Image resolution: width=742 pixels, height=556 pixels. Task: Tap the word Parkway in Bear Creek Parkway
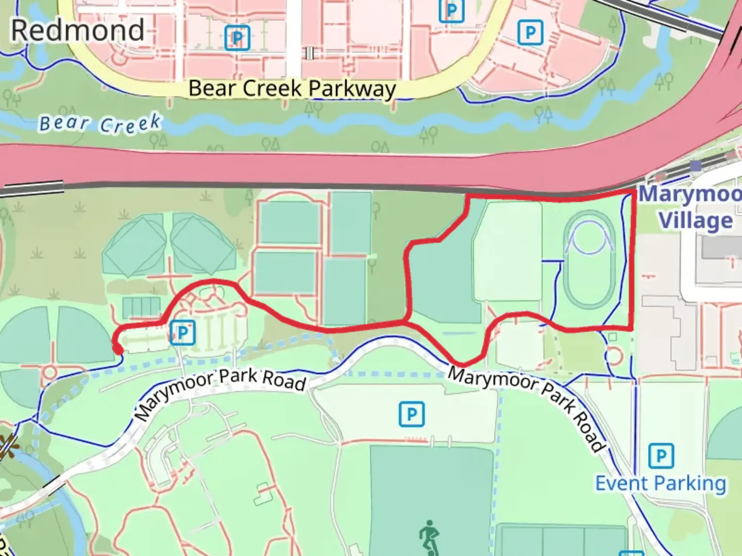(x=352, y=89)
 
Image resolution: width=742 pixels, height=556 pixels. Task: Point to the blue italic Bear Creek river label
(x=100, y=124)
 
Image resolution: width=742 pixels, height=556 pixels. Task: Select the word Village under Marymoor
(x=696, y=221)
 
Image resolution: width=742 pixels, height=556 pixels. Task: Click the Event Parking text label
(x=661, y=483)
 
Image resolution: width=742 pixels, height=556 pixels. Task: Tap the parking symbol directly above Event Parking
(x=661, y=456)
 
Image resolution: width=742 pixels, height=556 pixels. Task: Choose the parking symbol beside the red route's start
(x=182, y=333)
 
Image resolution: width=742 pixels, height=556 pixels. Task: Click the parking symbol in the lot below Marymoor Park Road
(x=412, y=414)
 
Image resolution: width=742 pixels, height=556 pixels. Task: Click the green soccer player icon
(x=429, y=537)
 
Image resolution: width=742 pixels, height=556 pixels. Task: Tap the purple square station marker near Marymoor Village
(x=696, y=166)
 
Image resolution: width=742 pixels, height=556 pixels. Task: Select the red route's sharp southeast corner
(x=632, y=328)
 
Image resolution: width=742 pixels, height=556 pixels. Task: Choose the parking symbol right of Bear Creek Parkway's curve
(x=530, y=33)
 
